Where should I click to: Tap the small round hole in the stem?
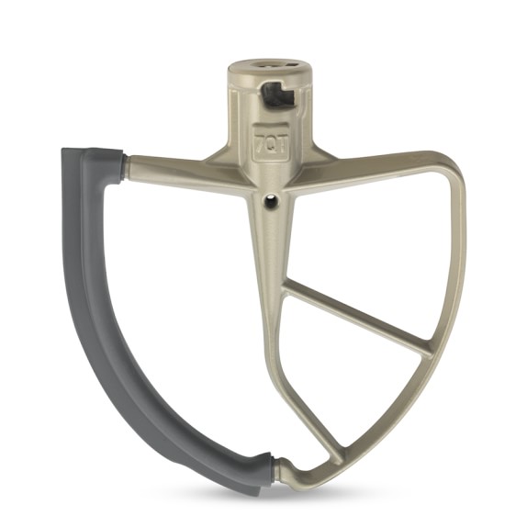tap(271, 201)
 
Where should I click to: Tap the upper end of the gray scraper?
tap(92, 151)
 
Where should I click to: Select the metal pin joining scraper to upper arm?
tap(125, 169)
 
